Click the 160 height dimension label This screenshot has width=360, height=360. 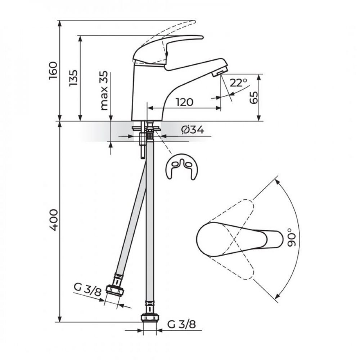click(53, 71)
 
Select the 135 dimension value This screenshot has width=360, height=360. click(74, 78)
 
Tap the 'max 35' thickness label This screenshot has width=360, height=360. click(104, 90)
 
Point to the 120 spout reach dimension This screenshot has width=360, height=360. click(185, 102)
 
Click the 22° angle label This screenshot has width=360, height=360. click(238, 83)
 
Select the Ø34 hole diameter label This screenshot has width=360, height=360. click(192, 130)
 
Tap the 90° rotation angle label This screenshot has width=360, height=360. click(292, 237)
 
